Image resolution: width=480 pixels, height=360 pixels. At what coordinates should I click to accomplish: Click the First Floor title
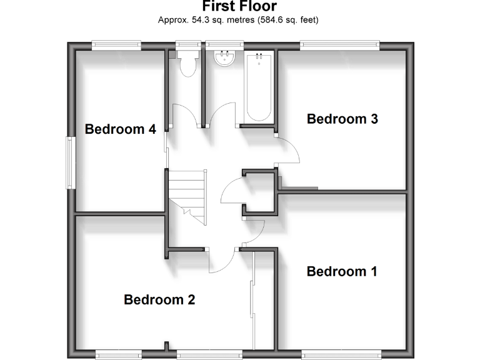tap(239, 7)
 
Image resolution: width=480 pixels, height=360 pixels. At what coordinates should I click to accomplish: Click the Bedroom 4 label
tap(120, 129)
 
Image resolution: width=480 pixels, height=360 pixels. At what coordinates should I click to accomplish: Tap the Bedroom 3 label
tap(342, 119)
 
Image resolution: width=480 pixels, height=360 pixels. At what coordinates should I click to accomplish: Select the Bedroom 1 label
tap(342, 271)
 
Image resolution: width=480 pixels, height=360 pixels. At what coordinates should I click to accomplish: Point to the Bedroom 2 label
tap(159, 299)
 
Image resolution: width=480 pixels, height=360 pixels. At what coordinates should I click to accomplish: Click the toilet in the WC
tap(187, 64)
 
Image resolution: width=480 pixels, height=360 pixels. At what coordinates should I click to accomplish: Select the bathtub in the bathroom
tap(257, 87)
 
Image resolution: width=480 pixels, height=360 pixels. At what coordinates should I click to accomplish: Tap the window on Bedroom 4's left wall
tap(71, 162)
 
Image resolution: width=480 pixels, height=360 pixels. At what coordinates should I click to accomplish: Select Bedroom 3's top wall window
tap(339, 45)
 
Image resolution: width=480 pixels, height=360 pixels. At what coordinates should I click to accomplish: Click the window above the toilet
tap(186, 45)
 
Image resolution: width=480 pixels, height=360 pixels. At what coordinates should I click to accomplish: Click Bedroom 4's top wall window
tap(115, 45)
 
